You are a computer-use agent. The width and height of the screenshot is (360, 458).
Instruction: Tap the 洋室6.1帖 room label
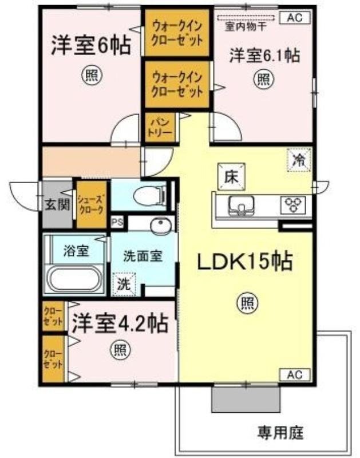tap(265, 56)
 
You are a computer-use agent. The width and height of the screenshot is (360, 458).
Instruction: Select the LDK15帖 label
tap(246, 262)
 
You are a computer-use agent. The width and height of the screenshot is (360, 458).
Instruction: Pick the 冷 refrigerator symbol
tap(298, 160)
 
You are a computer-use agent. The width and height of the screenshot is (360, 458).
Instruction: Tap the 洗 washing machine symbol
tap(124, 283)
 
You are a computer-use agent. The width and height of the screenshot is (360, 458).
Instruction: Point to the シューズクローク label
tap(92, 204)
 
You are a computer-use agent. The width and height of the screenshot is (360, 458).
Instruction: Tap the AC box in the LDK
tap(295, 375)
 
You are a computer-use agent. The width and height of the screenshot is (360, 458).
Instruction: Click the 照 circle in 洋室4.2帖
tap(120, 349)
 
